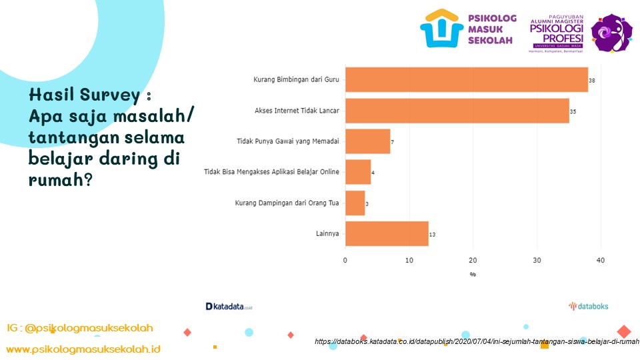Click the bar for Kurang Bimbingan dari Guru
coord(466,80)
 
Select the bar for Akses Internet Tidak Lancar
coord(457,111)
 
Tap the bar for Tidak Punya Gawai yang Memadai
coord(367,141)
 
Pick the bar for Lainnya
coord(387,234)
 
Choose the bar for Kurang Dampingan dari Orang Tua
coord(355,203)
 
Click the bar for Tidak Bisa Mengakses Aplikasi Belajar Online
coord(358,172)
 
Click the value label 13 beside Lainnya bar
coord(433,235)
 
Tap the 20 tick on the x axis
coord(473,260)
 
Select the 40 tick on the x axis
coord(600,260)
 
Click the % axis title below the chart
coord(473,274)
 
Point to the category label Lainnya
coord(327,234)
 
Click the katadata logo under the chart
coord(229,307)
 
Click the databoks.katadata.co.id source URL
coord(477,341)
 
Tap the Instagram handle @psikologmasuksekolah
coord(80,328)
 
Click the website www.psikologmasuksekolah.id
coord(83,349)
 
